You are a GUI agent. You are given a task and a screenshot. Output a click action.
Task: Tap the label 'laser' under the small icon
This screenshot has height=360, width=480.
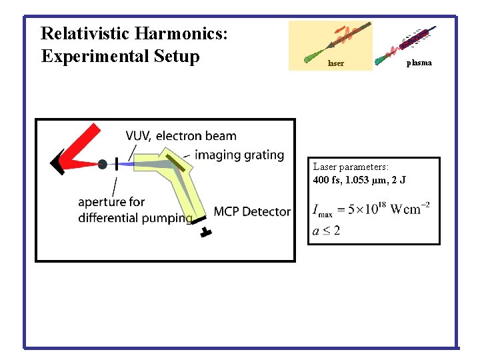tap(336, 64)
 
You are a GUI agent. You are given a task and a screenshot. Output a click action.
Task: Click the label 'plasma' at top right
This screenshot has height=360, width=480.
tap(419, 63)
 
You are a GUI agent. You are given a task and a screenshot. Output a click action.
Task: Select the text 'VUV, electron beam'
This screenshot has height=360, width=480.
tap(181, 136)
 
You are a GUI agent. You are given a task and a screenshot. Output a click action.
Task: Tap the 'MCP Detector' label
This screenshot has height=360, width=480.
tap(252, 212)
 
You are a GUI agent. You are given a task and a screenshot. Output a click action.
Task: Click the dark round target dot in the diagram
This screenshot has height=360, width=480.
tap(102, 164)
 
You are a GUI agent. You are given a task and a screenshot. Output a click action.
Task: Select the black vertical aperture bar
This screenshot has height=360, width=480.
tap(117, 164)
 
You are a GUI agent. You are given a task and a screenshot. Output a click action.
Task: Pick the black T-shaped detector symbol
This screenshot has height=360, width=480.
tap(205, 231)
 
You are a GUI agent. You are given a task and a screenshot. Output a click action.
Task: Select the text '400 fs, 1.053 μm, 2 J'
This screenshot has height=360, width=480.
tap(361, 181)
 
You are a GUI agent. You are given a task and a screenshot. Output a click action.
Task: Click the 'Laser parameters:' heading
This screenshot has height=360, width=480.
tap(351, 167)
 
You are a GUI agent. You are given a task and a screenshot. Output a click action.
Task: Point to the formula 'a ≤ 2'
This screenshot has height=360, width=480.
tap(327, 231)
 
